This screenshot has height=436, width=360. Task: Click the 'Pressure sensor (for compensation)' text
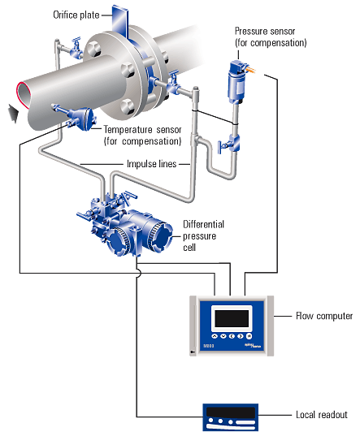270,37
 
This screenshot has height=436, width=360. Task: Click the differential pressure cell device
130,227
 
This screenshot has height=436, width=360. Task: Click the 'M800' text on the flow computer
207,345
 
